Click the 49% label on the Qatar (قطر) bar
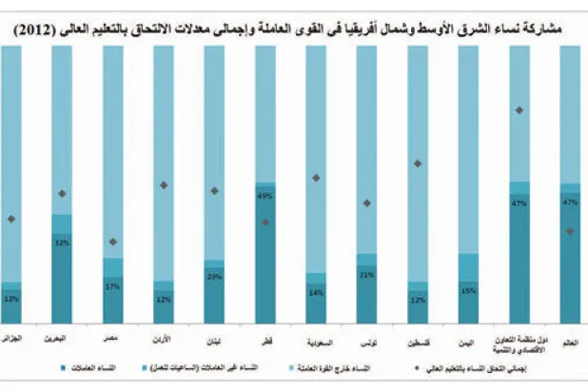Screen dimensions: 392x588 (265, 196)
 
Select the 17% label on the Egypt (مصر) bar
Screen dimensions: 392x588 (112, 285)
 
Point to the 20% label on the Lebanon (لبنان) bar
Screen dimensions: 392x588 (214, 278)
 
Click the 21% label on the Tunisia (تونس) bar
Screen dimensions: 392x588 (366, 275)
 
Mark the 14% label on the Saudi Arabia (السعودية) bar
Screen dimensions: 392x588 (316, 293)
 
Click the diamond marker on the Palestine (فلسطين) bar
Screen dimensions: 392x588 (418, 164)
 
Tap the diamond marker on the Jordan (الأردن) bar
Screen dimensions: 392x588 (164, 185)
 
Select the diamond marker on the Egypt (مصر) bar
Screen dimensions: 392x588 (112, 242)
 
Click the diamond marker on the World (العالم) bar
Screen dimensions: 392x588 (570, 231)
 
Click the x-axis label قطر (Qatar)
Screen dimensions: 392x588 (265, 339)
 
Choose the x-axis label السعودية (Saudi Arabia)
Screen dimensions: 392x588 (316, 339)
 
